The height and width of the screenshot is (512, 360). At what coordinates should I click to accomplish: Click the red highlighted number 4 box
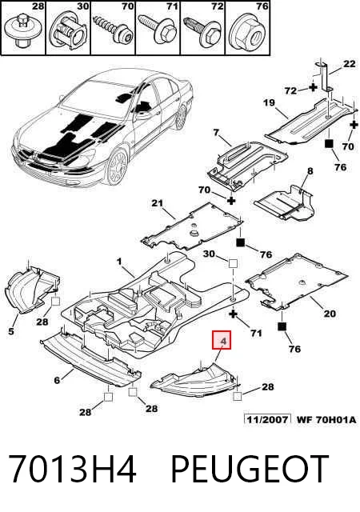222,340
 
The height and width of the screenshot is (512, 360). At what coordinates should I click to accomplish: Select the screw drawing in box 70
113,29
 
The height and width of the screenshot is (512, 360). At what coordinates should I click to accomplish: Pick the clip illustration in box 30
68,33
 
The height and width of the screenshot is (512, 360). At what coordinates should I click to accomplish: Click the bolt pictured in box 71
158,29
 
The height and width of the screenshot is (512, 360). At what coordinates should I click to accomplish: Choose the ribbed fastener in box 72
202,30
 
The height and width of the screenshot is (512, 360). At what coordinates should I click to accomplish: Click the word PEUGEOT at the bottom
250,469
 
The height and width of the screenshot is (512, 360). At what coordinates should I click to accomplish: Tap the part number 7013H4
72,469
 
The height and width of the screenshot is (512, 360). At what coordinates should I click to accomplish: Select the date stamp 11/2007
267,419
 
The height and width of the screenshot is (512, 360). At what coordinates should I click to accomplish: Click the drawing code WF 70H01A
326,419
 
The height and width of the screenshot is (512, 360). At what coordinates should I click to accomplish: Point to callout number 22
349,63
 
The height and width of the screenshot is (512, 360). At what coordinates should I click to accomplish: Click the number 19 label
270,103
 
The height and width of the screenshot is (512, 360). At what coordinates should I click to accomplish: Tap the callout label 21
157,203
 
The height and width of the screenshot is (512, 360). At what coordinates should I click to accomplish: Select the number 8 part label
310,170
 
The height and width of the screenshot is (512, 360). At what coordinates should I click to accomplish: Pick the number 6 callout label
57,381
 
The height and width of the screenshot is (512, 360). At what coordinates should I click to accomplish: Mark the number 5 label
11,331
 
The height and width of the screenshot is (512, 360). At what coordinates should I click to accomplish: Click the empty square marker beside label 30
233,263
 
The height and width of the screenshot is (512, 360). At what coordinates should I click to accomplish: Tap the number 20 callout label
330,314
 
